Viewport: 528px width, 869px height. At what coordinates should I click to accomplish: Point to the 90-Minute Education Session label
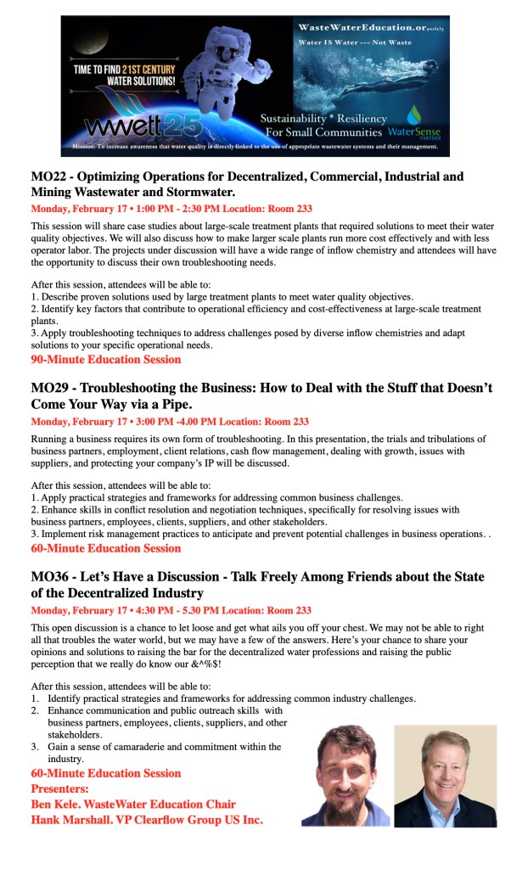106,360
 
